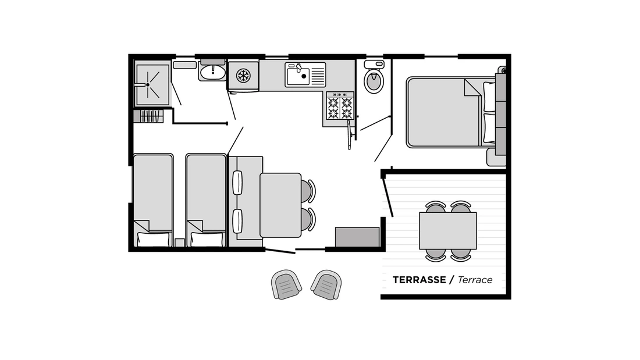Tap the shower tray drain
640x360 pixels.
148,85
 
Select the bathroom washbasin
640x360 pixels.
212,72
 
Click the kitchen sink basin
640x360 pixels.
297,76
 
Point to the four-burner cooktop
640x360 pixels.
340,107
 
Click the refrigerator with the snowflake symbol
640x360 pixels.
243,75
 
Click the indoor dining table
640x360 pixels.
280,205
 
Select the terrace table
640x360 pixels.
448,230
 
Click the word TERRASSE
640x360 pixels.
419,280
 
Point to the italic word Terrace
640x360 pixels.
475,280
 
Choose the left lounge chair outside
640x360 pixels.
286,284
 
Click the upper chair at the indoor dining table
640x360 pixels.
308,191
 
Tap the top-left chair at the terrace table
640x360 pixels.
435,206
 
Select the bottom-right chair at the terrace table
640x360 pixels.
461,255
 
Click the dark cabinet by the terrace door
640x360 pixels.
357,237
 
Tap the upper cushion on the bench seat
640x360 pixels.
237,183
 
